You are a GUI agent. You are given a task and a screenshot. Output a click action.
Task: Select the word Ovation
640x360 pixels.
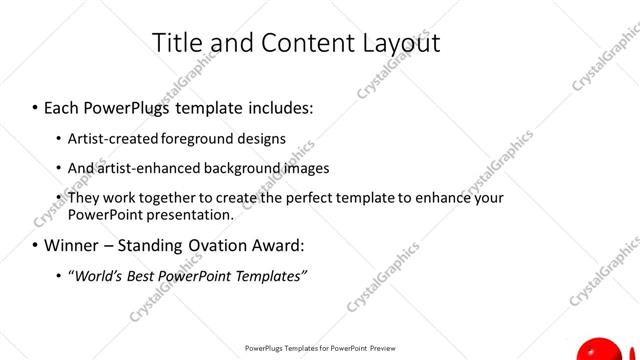click(226, 245)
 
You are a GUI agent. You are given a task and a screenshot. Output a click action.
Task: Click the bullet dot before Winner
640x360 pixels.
click(35, 245)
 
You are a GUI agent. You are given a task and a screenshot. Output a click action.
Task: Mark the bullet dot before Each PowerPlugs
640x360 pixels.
click(35, 105)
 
